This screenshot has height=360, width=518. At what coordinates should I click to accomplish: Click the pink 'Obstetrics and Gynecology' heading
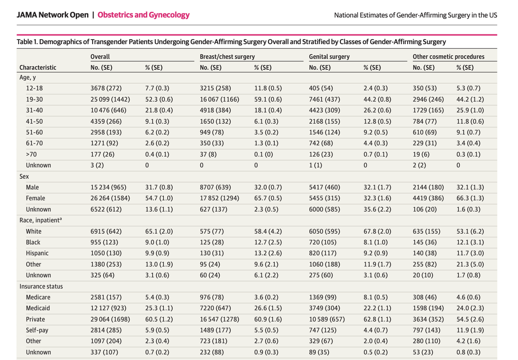coord(143,15)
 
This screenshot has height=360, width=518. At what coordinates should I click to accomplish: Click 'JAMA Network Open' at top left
coord(53,15)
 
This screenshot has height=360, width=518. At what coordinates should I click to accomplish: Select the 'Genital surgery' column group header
coord(329,57)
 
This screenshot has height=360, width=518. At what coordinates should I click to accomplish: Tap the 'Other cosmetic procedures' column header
coord(448,57)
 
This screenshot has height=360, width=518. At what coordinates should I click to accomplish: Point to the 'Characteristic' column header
coord(38,67)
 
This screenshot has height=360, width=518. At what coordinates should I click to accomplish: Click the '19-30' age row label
coord(34,99)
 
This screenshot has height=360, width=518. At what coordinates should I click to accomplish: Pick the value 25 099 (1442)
coord(110,99)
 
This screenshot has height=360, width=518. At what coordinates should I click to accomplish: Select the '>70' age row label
coord(31,154)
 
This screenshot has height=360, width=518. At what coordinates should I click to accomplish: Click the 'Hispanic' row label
coord(37,253)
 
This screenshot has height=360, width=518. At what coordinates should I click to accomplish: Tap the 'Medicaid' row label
coord(38,308)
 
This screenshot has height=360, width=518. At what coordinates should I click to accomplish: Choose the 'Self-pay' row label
coord(37,330)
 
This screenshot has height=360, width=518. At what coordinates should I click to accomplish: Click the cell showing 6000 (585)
coord(324,209)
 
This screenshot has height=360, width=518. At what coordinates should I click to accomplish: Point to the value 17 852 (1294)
coord(219,198)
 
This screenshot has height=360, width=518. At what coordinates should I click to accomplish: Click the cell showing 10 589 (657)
coord(327,319)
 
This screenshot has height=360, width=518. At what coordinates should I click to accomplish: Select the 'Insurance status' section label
coord(41,286)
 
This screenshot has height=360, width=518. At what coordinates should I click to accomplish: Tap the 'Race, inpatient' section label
coord(40,220)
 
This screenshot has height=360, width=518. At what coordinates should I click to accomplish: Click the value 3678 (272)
coord(106,88)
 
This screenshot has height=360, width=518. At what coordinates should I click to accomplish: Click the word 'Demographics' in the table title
coord(63,42)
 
